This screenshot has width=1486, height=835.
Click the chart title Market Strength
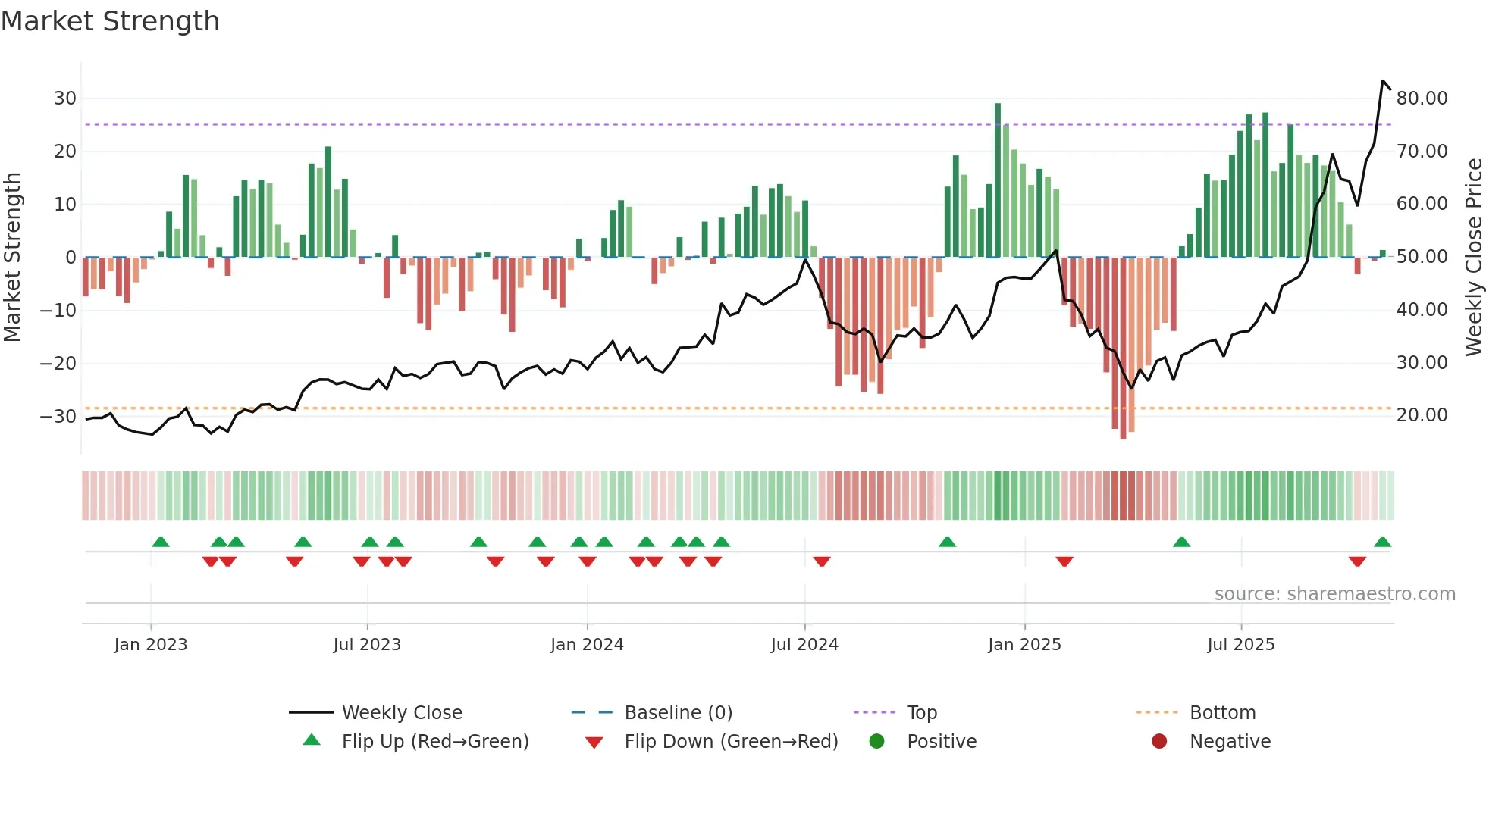[x=110, y=21]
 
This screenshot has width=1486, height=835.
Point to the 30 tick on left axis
[x=65, y=99]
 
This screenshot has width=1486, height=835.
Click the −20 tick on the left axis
[x=58, y=364]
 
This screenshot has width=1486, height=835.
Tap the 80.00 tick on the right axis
[x=1422, y=99]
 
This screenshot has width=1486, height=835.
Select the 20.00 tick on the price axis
[x=1422, y=415]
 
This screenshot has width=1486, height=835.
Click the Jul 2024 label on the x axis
[x=804, y=645]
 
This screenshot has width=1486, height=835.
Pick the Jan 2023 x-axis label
[x=151, y=645]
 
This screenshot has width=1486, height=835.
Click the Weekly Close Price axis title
[x=1473, y=257]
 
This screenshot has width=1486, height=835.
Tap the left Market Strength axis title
[x=12, y=257]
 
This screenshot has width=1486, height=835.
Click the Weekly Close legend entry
[x=401, y=713]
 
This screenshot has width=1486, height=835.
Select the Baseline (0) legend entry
[x=678, y=713]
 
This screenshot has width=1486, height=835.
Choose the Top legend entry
[x=922, y=713]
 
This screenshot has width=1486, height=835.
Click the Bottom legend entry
[x=1222, y=713]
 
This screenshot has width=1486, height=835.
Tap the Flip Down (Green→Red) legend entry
[x=730, y=742]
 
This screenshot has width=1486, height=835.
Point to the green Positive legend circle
[x=876, y=742]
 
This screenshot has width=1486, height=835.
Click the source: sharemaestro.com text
[x=1334, y=594]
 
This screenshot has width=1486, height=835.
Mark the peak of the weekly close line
[x=1383, y=81]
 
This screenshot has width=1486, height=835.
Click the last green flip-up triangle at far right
[x=1382, y=543]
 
